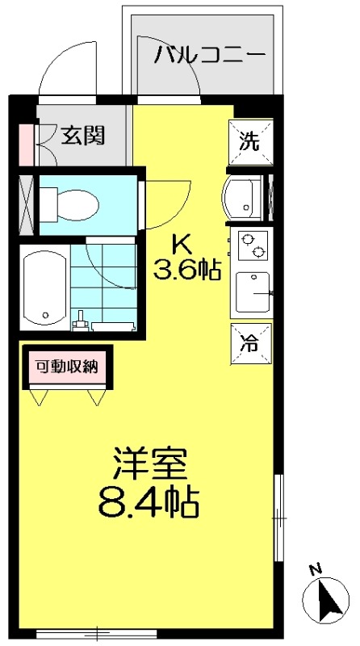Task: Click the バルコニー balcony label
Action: click(x=211, y=56)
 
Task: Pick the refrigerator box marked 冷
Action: click(x=249, y=342)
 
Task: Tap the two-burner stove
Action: click(x=251, y=245)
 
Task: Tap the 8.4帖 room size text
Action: click(x=149, y=503)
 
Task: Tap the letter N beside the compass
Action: click(x=316, y=568)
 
